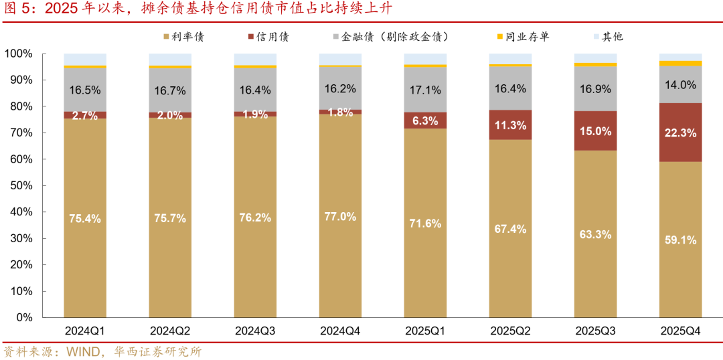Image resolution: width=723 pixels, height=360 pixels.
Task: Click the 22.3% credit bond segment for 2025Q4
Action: tap(681, 132)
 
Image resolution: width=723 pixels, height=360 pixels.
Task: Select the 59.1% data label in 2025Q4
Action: tap(681, 240)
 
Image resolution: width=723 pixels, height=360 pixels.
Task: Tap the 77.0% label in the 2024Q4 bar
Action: tap(341, 217)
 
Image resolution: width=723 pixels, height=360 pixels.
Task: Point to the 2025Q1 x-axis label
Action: tap(425, 331)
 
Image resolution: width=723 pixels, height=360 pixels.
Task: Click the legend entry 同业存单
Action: tap(529, 37)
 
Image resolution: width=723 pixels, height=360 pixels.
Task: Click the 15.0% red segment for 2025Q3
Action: tap(596, 131)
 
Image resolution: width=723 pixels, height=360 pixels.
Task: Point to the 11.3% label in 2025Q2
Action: tap(511, 124)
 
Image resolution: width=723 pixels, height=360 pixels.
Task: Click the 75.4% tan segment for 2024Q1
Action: tap(85, 217)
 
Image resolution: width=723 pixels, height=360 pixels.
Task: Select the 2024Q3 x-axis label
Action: tap(255, 331)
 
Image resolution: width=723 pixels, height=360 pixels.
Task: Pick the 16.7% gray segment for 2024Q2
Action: tap(170, 90)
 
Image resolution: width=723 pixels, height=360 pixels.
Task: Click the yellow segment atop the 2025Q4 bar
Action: tap(681, 64)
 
